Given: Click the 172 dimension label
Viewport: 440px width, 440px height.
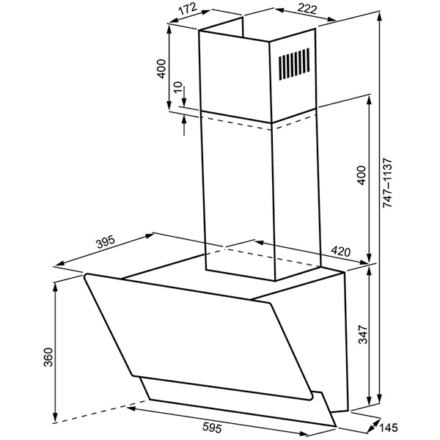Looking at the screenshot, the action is point(188,9).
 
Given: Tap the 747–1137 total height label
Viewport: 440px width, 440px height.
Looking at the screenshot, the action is point(387,183).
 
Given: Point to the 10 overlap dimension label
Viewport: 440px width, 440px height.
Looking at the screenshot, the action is point(178,87).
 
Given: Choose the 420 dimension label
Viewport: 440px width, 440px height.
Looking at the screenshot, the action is point(341,251).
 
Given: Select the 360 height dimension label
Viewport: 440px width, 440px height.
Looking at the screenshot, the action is point(48,357).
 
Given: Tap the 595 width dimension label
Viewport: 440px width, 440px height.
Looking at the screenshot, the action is point(212,428).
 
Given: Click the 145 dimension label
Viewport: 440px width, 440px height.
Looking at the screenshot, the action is point(389,428).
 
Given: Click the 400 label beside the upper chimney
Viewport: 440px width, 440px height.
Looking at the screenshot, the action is point(161,69).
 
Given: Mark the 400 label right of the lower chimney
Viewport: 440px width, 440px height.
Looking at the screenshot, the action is point(362,175).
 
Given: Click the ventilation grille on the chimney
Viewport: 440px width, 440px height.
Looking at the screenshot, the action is point(294,65).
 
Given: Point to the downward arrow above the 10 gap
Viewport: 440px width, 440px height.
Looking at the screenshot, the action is point(184,96).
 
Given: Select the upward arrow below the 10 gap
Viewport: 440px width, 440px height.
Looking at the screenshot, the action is point(184,125).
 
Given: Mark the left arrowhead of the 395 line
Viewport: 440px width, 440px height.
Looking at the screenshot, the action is point(59,264).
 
